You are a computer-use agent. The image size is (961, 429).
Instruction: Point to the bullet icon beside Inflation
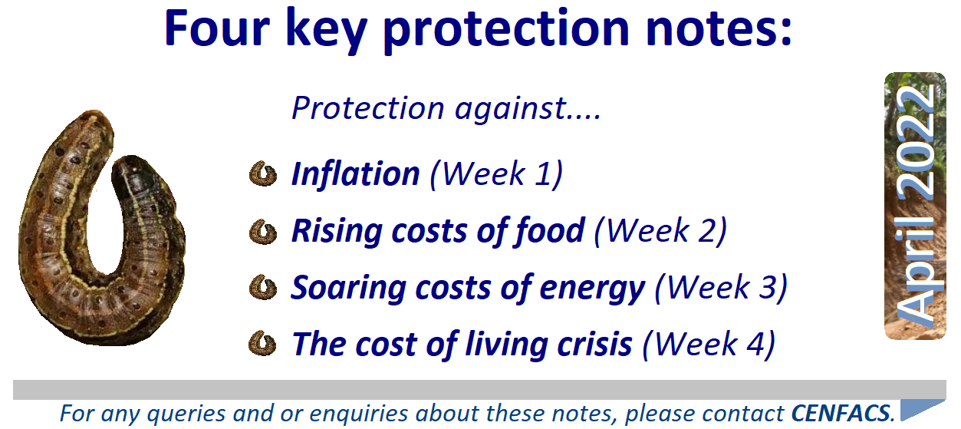(262, 174)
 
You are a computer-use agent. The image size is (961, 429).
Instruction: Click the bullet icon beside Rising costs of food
(262, 232)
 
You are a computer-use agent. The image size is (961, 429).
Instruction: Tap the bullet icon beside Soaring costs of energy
(262, 288)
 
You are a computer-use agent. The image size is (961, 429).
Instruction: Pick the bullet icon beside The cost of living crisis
(262, 344)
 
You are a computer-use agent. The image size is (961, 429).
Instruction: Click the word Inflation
(355, 174)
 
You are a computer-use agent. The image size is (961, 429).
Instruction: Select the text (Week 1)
(496, 174)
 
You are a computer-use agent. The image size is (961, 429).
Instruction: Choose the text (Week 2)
(660, 231)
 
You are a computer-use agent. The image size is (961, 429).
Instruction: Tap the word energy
(592, 289)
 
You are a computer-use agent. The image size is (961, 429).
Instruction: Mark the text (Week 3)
(722, 287)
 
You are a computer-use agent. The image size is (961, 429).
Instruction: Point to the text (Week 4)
(709, 345)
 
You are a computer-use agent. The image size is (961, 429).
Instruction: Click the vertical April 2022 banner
(915, 206)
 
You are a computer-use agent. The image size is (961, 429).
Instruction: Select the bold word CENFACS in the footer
(841, 414)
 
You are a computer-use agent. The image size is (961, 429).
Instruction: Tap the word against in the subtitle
(508, 108)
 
